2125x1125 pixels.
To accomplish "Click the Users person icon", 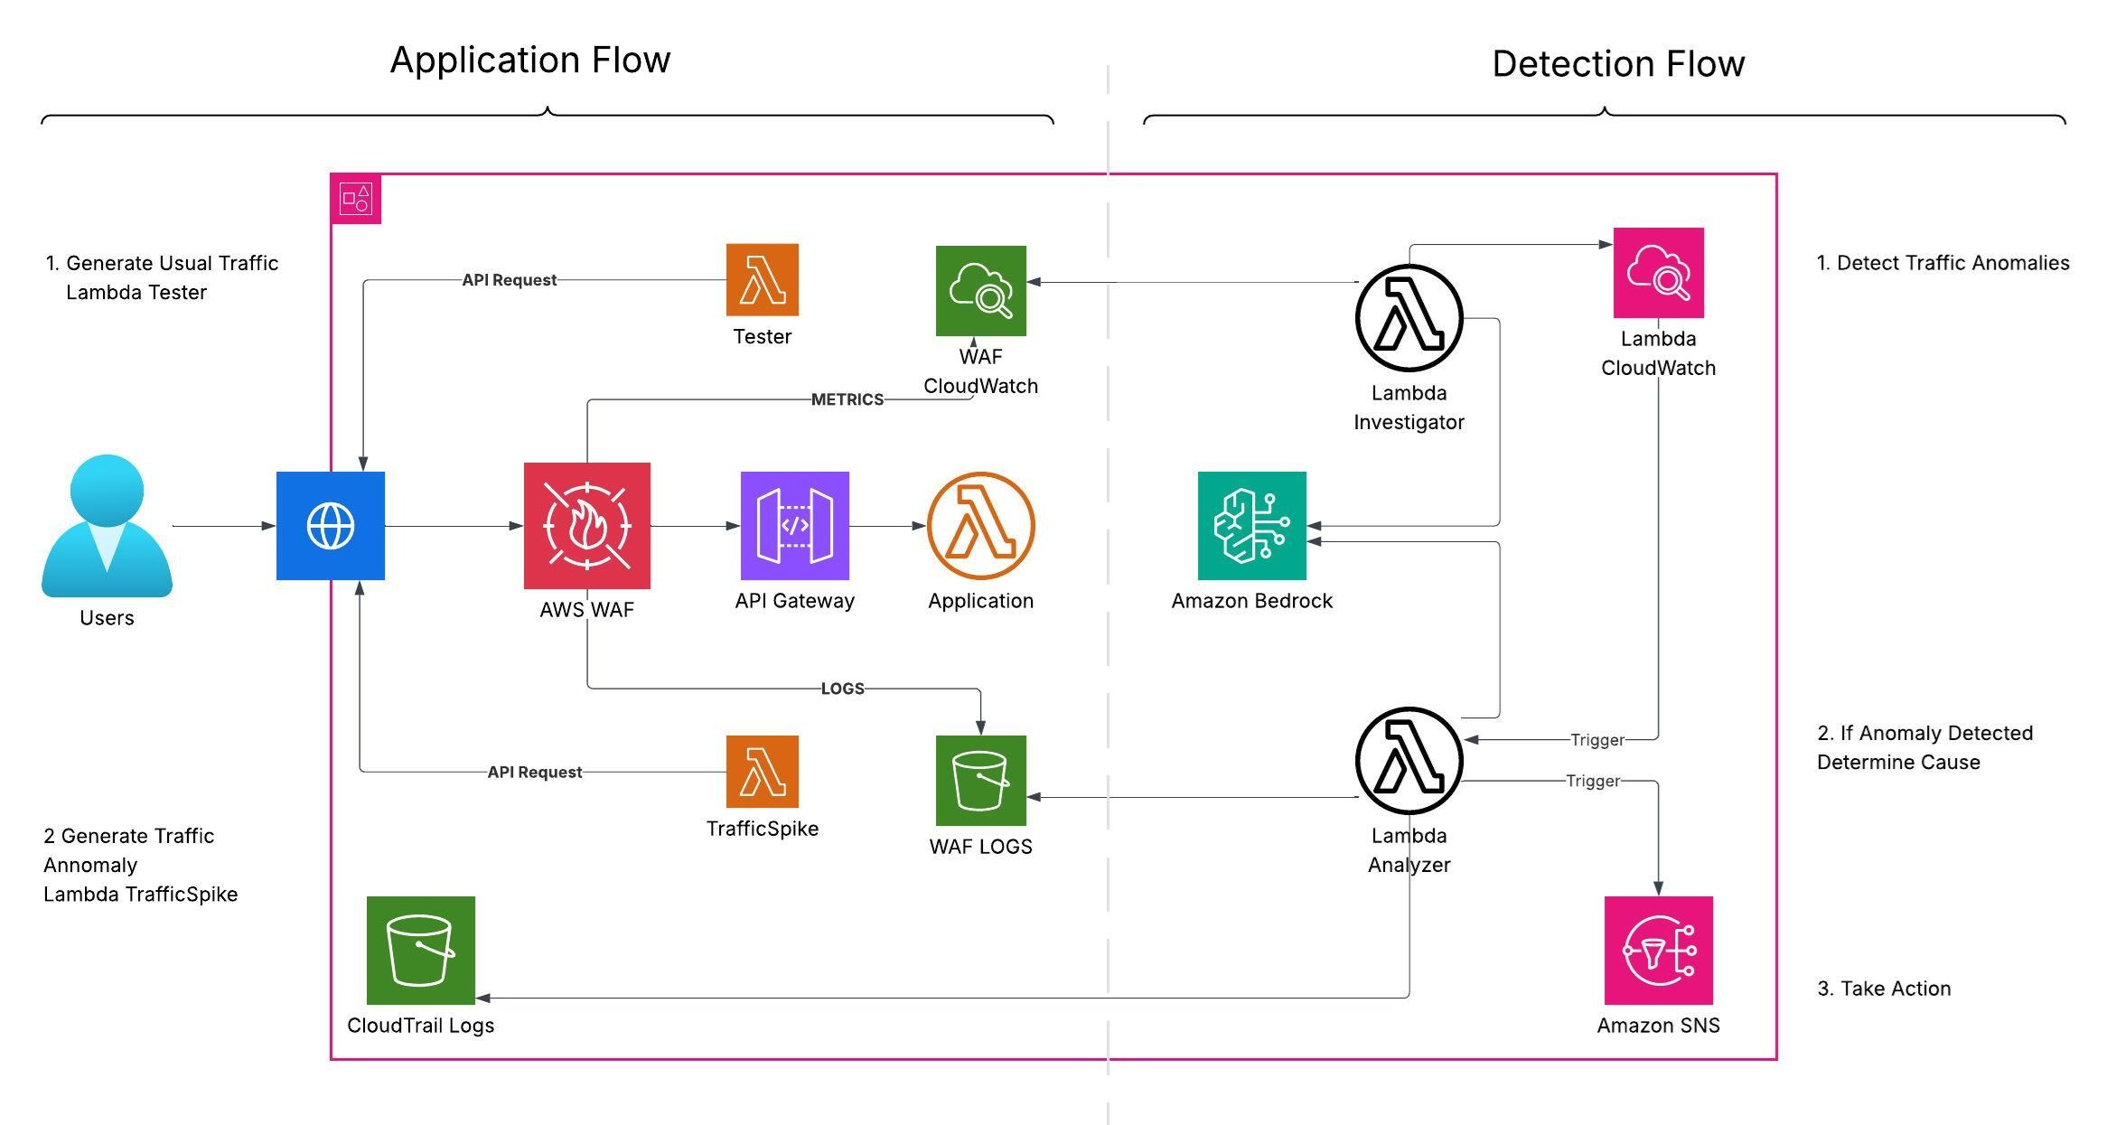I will click(107, 526).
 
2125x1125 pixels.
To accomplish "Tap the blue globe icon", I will click(330, 526).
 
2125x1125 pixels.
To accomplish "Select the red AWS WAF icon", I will click(587, 526).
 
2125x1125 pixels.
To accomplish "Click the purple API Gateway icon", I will click(794, 526).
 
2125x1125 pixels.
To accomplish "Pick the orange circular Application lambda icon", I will click(980, 526).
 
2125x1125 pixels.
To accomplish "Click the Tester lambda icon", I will click(762, 280).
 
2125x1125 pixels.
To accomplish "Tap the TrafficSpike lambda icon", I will click(762, 772).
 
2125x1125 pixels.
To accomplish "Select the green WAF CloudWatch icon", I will click(980, 291).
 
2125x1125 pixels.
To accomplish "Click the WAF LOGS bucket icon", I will click(980, 781).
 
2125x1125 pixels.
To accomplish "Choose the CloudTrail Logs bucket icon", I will click(420, 951).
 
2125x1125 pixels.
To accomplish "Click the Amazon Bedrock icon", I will click(1251, 526).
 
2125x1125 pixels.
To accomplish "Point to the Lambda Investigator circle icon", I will click(1409, 318).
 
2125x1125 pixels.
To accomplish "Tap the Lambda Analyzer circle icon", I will click(1409, 761).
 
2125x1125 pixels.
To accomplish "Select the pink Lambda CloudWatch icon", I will click(1658, 273).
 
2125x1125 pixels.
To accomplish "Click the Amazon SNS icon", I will click(1658, 951).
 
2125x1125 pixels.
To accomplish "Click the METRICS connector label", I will click(847, 399).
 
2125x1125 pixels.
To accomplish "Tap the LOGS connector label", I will click(842, 689).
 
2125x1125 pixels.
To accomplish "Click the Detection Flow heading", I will click(1617, 64).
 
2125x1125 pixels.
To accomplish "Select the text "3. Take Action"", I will click(1884, 989).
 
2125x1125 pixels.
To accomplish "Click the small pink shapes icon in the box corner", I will click(356, 199).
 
